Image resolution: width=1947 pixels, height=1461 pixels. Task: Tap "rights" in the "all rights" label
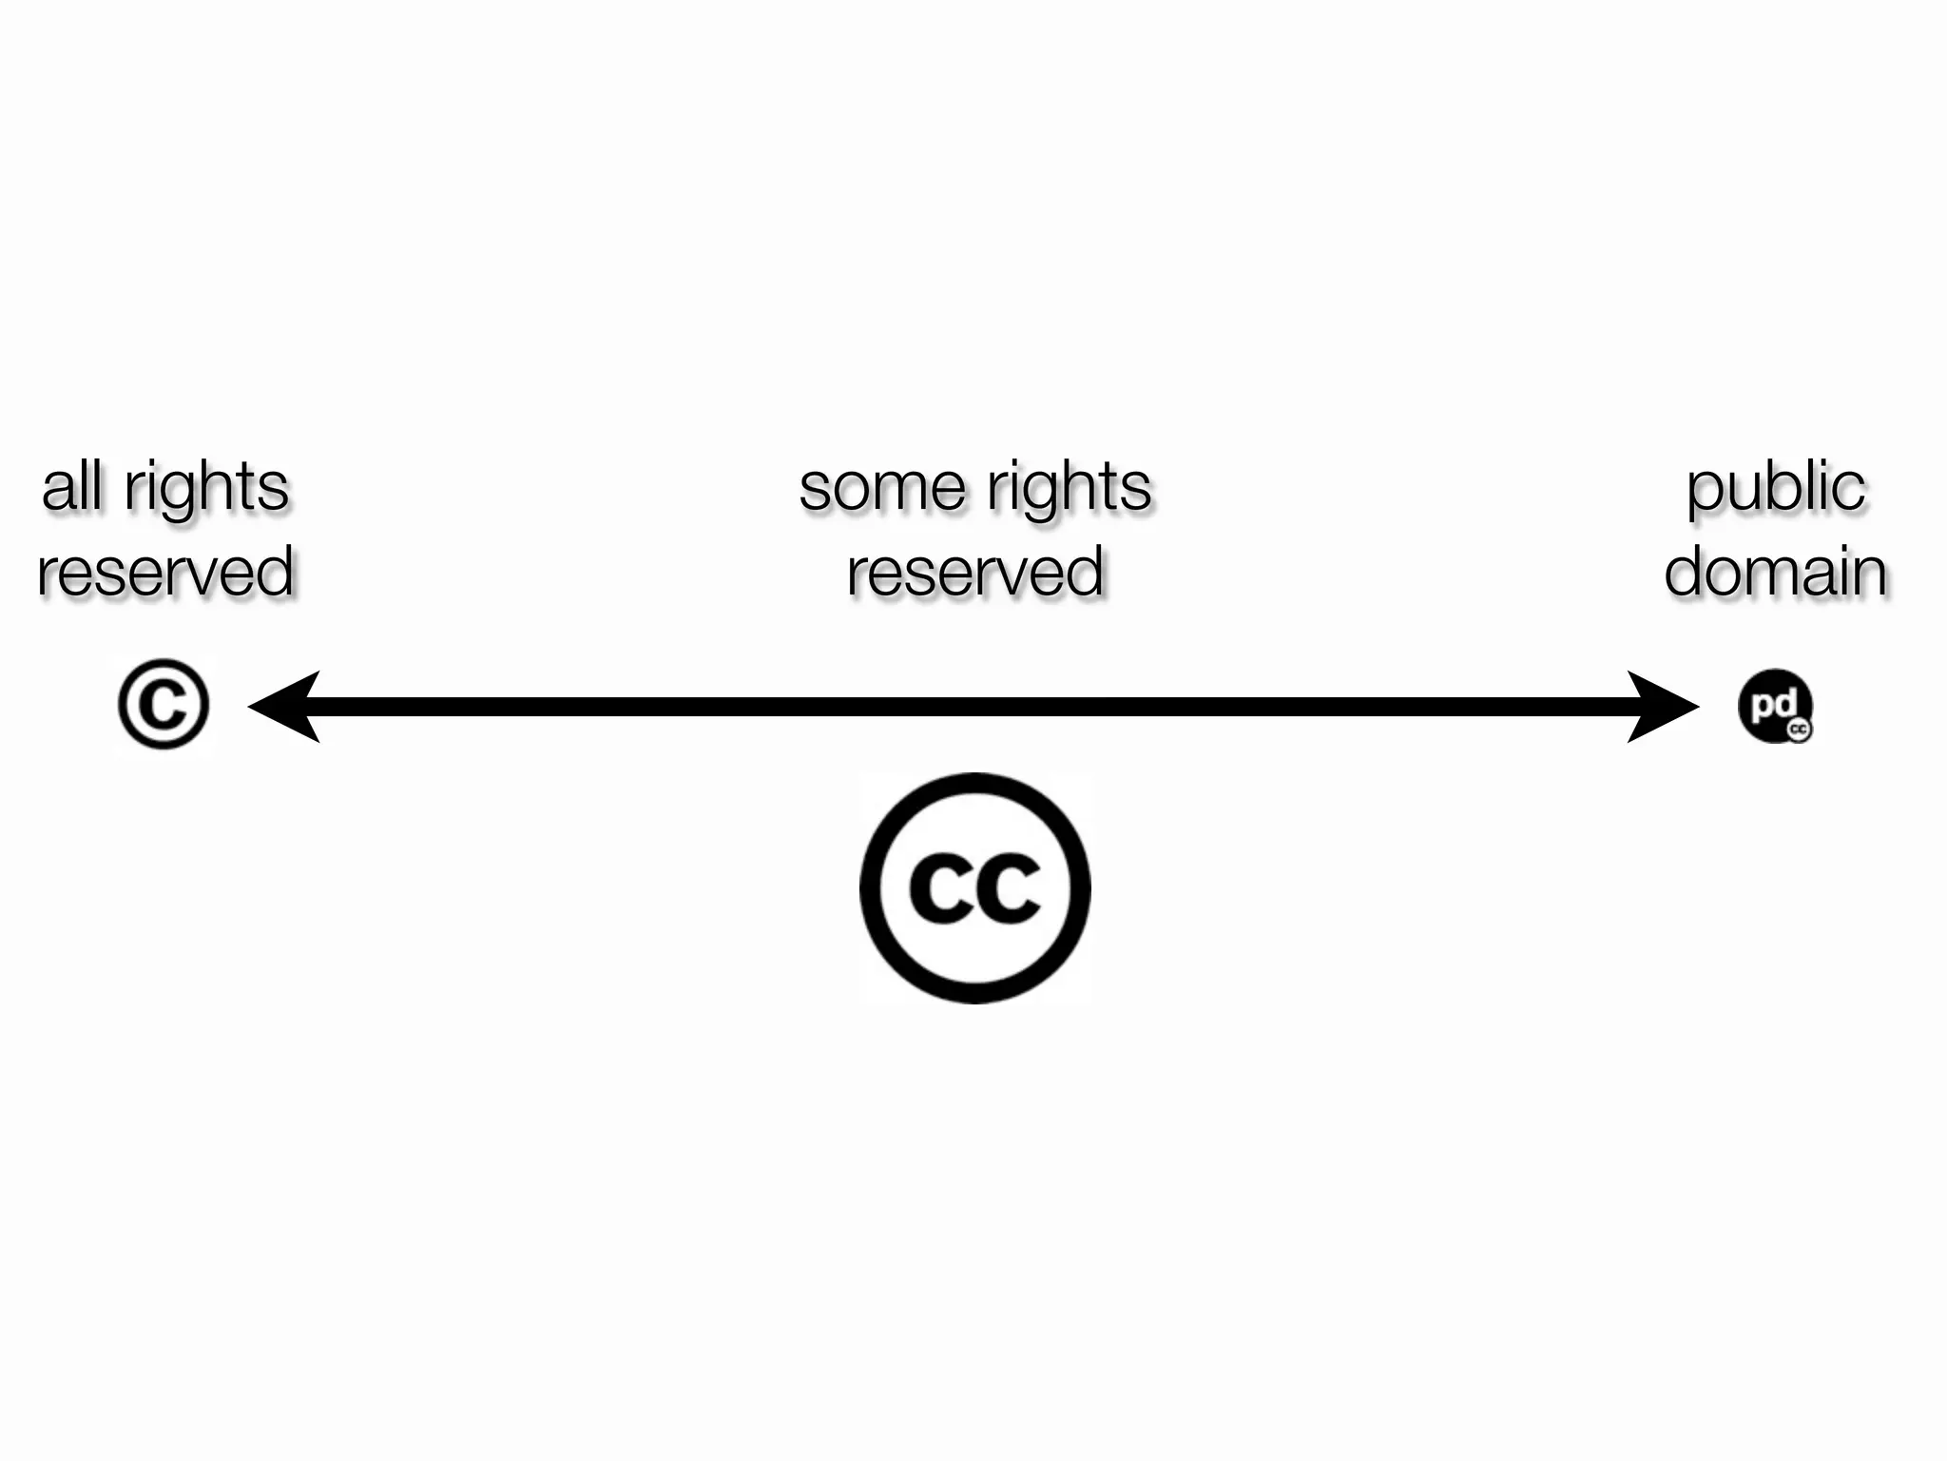[206, 489]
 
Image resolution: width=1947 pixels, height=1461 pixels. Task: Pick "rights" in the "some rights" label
[1069, 489]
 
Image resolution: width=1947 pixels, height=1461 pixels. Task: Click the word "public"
[1775, 489]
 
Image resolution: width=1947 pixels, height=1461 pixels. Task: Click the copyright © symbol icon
[164, 704]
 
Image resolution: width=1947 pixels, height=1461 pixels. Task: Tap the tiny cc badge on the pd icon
[1799, 730]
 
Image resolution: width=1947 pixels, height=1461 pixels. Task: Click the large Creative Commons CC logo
[975, 887]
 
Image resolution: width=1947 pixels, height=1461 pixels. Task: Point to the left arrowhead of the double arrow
[281, 706]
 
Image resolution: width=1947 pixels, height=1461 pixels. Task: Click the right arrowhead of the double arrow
[1664, 706]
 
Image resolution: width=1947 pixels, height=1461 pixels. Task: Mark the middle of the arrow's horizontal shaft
[973, 706]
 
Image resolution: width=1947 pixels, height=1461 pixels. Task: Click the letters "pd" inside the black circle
[1773, 704]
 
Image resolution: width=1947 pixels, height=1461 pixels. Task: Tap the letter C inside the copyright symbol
[164, 704]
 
